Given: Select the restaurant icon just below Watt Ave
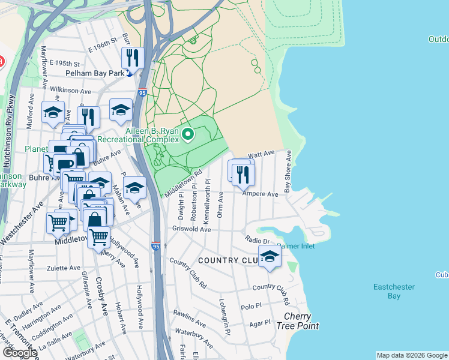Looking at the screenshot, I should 243,174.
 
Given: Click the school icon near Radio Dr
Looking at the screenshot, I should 270,257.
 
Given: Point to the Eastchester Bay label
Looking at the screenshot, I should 394,292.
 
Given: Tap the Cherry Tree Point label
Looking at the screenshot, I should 298,322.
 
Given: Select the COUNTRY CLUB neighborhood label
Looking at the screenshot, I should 228,260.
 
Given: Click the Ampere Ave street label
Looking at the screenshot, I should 260,194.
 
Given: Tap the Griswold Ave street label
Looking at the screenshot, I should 191,229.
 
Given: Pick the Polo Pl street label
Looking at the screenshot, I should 252,305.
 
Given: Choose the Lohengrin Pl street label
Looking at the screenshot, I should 224,308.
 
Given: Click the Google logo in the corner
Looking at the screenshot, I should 20,353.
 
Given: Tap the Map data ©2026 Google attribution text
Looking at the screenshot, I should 412,355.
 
